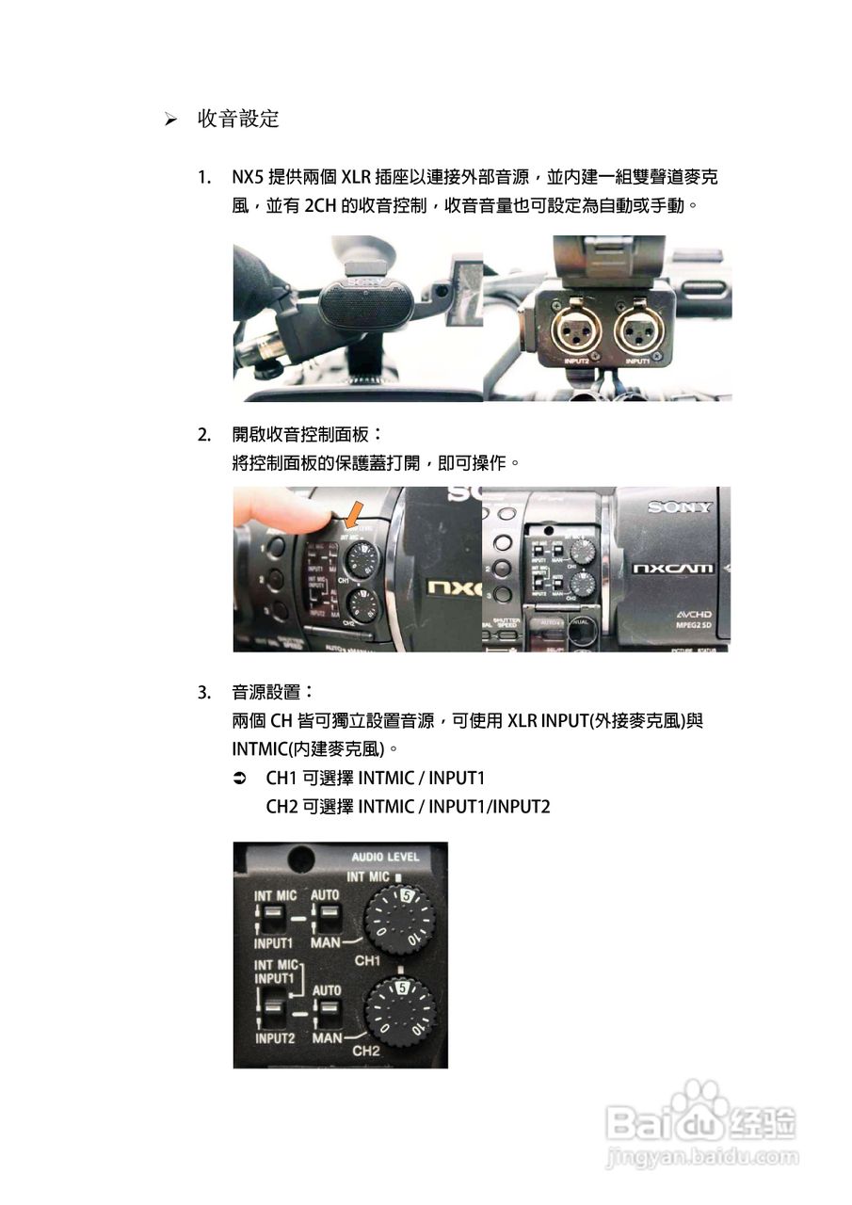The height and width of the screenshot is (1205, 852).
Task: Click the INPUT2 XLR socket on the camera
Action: (575, 331)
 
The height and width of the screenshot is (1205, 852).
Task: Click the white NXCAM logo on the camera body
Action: (672, 569)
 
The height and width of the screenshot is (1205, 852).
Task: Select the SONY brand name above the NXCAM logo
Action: (679, 507)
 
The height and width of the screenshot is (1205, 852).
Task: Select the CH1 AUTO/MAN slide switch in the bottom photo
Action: (325, 916)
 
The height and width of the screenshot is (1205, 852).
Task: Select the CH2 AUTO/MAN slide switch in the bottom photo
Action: (325, 1013)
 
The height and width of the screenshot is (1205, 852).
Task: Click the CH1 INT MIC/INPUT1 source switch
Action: (272, 916)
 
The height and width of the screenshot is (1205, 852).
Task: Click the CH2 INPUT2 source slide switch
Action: (272, 1013)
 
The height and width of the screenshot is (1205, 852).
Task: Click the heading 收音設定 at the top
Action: (238, 120)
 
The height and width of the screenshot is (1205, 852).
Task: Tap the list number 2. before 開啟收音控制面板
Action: (204, 435)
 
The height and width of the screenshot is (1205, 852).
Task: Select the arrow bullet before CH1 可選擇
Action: (239, 779)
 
